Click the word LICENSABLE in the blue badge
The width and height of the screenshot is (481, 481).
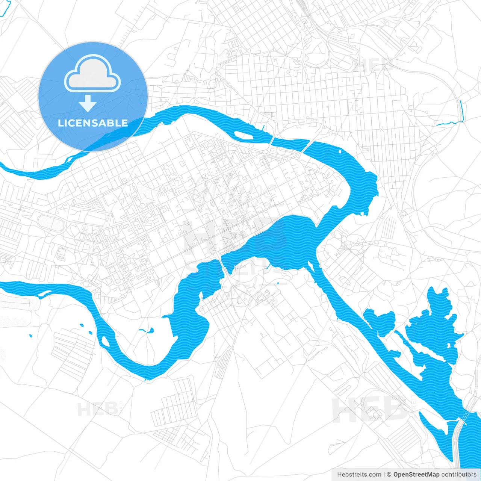point(93,123)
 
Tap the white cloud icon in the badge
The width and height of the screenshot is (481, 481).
point(92,73)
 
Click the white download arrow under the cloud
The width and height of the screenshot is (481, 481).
point(88,103)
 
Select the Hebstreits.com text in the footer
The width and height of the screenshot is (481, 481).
point(359,475)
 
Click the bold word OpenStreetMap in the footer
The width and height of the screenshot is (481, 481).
point(416,475)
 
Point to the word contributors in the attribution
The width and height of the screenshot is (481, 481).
point(459,475)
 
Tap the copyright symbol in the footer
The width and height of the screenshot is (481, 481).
point(389,475)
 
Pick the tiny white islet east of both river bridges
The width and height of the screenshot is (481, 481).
point(340,152)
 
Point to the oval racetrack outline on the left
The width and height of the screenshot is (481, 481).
point(51,223)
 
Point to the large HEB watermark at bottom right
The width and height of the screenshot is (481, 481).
point(368,410)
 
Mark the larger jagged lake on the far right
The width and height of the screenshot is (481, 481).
point(436,331)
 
